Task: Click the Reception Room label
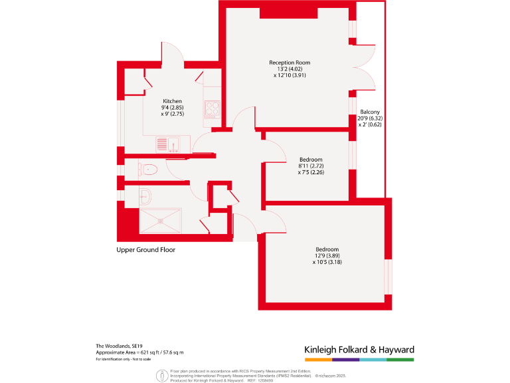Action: pyautogui.click(x=290, y=63)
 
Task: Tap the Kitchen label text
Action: pyautogui.click(x=173, y=101)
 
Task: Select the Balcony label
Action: pyautogui.click(x=370, y=112)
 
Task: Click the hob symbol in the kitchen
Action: pyautogui.click(x=212, y=108)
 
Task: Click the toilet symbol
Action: pyautogui.click(x=148, y=169)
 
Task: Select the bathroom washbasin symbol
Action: pyautogui.click(x=146, y=195)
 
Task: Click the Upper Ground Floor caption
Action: pyautogui.click(x=145, y=250)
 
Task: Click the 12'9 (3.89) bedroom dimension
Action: pyautogui.click(x=327, y=256)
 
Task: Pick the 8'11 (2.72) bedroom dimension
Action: pyautogui.click(x=311, y=166)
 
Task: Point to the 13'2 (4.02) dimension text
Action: pyautogui.click(x=290, y=69)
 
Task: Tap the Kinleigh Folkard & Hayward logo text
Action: pyautogui.click(x=359, y=350)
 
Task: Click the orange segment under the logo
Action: pyautogui.click(x=318, y=360)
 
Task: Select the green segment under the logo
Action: pyautogui.click(x=400, y=360)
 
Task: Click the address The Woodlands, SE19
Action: pyautogui.click(x=119, y=346)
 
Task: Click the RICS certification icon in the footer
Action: pyautogui.click(x=161, y=376)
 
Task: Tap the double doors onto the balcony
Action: pyautogui.click(x=364, y=66)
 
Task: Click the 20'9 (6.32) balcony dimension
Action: pyautogui.click(x=370, y=118)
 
